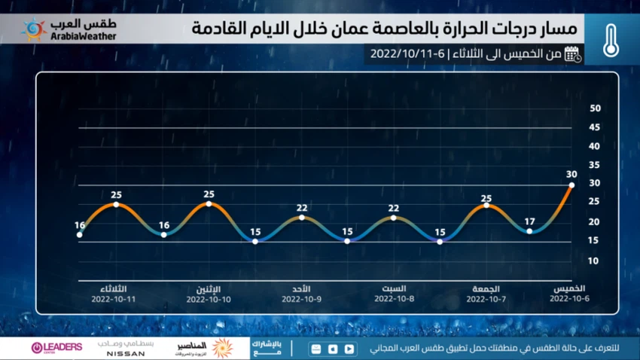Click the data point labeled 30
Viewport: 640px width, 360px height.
tap(571, 185)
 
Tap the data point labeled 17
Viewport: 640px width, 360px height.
tap(530, 231)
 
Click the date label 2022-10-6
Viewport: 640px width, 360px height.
tap(569, 299)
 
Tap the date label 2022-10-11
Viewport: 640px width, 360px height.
tap(113, 299)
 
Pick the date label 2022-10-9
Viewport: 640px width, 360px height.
tap(301, 299)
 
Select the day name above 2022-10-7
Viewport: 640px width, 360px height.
tap(486, 288)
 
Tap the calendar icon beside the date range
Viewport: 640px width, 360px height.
tap(573, 53)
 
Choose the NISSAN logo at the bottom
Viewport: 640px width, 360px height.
tap(126, 352)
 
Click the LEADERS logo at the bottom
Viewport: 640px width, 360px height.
tap(56, 347)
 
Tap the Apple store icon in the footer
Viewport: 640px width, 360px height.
tap(333, 349)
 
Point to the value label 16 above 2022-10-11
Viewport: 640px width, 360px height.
tap(80, 225)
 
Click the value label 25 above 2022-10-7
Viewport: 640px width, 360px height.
tap(486, 199)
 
